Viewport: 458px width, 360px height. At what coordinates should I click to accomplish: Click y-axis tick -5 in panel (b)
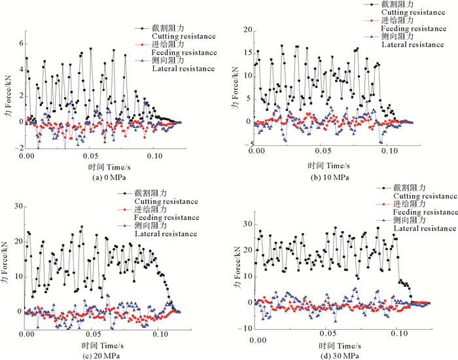pyautogui.click(x=249, y=144)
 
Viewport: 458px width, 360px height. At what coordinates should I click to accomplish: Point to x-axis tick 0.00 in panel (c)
pyautogui.click(x=27, y=334)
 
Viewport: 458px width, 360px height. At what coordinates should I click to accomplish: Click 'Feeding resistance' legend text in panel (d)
pyautogui.click(x=425, y=212)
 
